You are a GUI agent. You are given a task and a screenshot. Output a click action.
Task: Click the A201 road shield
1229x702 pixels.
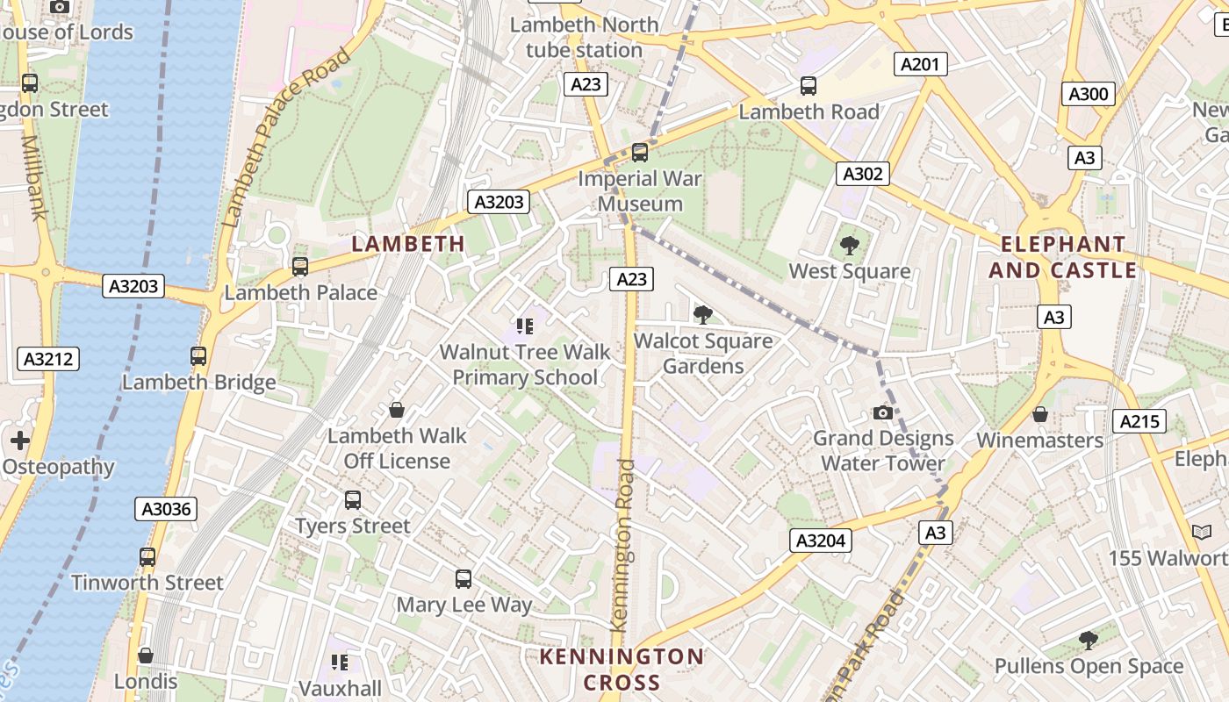click(x=920, y=63)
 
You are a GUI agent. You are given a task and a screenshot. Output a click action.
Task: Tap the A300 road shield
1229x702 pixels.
click(x=1088, y=94)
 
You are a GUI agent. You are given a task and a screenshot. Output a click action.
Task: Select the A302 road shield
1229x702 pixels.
click(x=862, y=174)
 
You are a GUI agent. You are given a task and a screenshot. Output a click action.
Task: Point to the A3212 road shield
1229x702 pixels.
click(x=49, y=358)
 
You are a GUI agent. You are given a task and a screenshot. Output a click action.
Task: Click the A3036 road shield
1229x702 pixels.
click(x=167, y=509)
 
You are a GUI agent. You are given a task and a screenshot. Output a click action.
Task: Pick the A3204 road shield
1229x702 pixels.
click(x=821, y=541)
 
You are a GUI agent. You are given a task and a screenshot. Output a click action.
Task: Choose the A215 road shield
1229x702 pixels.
click(x=1140, y=421)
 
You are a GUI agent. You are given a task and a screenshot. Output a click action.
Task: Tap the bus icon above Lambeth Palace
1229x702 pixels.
click(x=300, y=266)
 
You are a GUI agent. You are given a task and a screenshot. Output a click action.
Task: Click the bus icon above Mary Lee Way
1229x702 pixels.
click(x=464, y=579)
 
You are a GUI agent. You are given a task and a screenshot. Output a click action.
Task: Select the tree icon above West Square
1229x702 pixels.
click(x=849, y=246)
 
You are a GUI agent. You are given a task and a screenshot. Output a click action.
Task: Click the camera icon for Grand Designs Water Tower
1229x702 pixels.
click(x=882, y=412)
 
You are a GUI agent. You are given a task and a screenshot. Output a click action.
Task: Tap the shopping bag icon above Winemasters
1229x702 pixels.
click(x=1040, y=414)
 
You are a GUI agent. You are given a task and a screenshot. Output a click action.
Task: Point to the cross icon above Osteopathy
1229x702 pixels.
click(x=20, y=441)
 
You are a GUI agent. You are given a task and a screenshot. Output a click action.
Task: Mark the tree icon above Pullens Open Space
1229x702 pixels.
click(x=1089, y=641)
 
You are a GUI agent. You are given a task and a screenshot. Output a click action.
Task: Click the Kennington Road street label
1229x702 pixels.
click(x=623, y=544)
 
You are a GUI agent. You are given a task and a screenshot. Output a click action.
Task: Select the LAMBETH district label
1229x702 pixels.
click(x=408, y=243)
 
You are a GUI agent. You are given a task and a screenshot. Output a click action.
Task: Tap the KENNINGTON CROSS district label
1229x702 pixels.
click(x=622, y=670)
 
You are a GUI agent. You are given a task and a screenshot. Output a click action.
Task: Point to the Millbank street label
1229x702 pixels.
click(x=33, y=175)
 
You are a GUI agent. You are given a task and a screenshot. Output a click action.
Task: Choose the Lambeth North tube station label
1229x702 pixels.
click(x=585, y=38)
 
